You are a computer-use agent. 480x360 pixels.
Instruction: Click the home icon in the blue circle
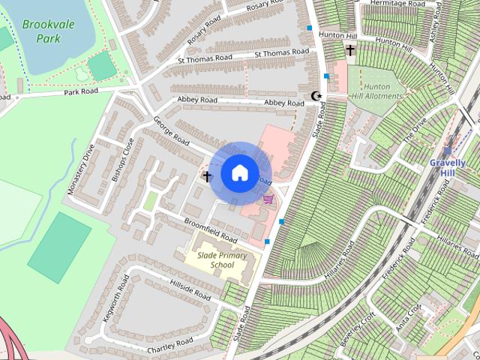239,172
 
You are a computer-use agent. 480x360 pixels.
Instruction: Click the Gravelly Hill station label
448,167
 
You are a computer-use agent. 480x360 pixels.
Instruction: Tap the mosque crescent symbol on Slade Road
316,96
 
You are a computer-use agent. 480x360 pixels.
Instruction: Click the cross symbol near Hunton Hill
350,50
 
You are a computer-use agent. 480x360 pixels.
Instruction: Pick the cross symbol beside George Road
206,177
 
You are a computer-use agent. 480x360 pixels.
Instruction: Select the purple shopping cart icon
268,199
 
